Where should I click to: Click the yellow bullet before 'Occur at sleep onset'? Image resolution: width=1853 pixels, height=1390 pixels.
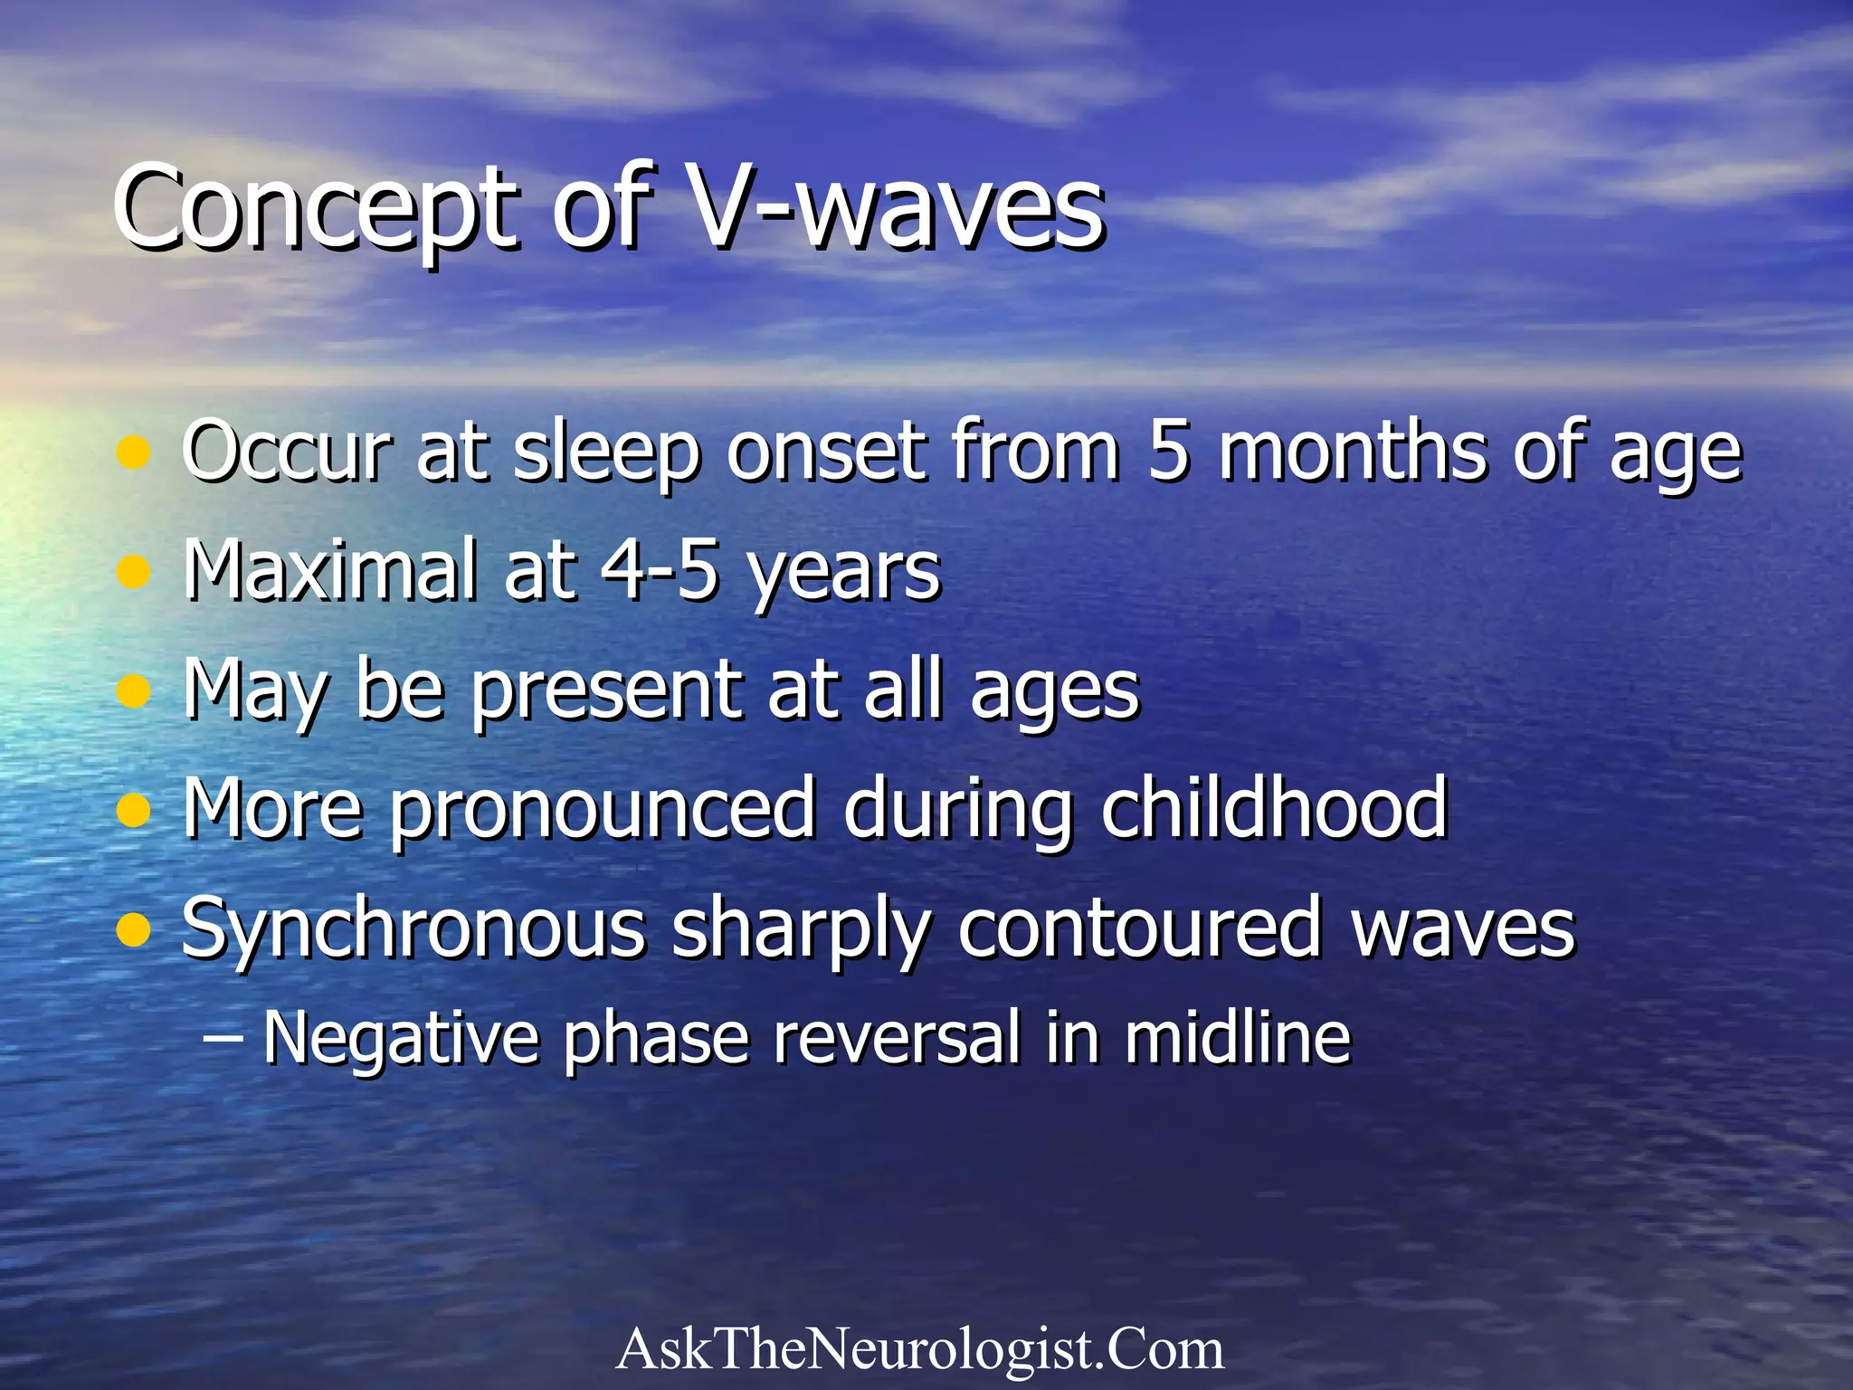(134, 452)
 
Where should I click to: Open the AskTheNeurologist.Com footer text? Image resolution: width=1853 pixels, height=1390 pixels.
(920, 1348)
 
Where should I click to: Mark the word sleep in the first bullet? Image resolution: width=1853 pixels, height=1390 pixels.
(607, 452)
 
